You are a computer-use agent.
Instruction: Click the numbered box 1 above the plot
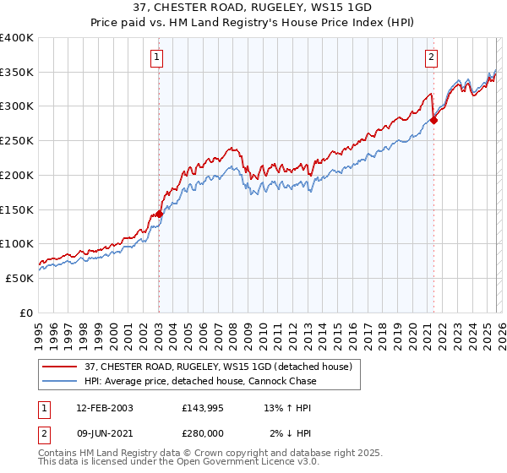click(x=158, y=57)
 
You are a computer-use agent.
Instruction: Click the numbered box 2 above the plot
click(x=431, y=57)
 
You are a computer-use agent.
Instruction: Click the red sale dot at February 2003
click(x=159, y=215)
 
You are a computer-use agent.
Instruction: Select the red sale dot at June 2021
click(x=433, y=120)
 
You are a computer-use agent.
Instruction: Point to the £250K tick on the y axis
click(x=17, y=141)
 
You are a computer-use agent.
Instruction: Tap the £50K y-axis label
click(x=19, y=278)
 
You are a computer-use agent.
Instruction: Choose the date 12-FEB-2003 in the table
click(x=104, y=408)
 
